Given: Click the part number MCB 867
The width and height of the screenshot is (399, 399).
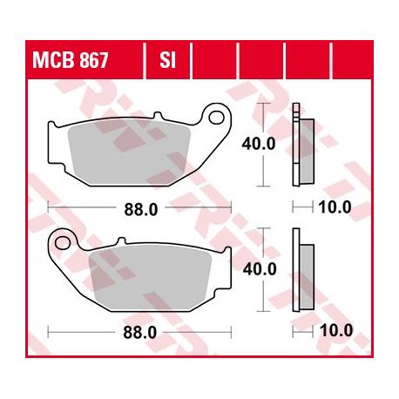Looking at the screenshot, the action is coord(70,60).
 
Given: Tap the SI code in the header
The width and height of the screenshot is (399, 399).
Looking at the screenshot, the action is coord(167,60).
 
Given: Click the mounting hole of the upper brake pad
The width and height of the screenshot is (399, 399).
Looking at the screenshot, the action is coord(216,117).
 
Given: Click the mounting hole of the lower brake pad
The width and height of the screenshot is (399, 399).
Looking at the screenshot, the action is coord(62,243).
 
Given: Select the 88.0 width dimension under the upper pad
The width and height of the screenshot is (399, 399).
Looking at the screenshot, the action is coord(141,209).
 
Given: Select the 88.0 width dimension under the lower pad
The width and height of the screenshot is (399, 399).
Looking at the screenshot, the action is coord(140,333).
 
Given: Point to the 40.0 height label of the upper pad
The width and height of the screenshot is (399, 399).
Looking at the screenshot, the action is coord(259,144).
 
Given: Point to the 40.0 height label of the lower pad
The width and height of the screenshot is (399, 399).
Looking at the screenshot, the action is coord(260,269).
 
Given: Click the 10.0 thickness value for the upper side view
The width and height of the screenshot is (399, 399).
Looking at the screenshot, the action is coord(335,207).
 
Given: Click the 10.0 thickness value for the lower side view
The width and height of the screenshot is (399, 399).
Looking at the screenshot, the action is coord(336,330).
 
